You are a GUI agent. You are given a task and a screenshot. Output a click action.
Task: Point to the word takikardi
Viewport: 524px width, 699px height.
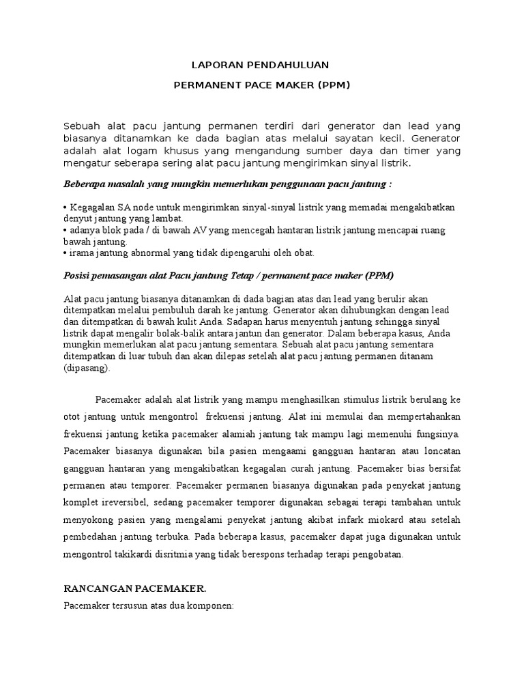(137, 554)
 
